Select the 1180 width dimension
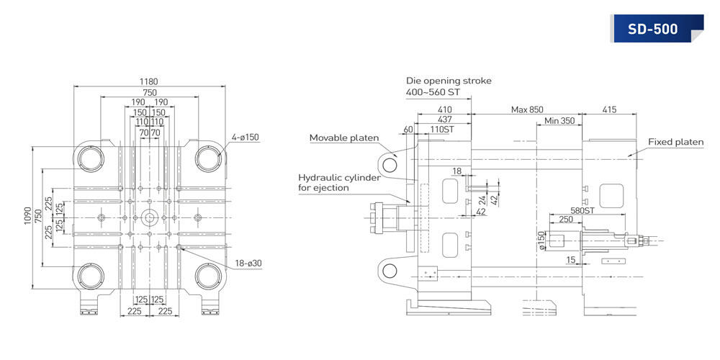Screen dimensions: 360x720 point(148,82)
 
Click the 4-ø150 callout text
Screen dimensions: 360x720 point(246,137)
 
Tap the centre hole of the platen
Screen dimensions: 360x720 point(150,217)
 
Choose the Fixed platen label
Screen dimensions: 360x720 point(675,142)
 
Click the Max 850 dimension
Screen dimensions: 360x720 point(527,109)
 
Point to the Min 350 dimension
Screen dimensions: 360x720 point(559,121)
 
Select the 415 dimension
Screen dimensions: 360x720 point(609,109)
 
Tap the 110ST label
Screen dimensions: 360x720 point(441,129)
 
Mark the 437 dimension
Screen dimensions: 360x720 point(445,119)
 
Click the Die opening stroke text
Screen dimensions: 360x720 point(449,81)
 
